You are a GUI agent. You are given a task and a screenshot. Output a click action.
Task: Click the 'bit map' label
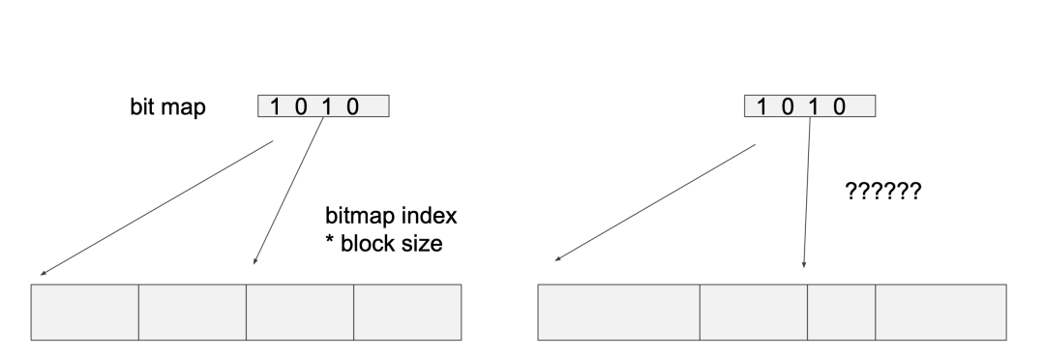coord(167,106)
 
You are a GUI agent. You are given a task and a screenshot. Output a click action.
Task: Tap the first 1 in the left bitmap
coord(277,106)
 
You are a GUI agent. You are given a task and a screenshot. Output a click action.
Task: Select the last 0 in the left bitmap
coord(353,106)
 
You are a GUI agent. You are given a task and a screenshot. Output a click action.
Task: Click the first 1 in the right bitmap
coord(762,106)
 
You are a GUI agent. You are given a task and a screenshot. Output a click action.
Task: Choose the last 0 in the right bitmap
coord(840,106)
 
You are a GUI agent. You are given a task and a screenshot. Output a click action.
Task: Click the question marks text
coord(881,192)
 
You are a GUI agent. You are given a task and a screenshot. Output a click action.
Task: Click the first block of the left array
coord(85,312)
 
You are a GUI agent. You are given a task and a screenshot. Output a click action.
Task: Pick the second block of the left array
coord(193,312)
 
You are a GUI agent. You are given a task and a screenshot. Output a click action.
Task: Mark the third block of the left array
coord(300,312)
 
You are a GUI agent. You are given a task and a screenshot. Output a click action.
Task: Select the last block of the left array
coord(407,312)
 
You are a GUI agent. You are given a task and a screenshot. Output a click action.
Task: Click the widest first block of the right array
coord(618,312)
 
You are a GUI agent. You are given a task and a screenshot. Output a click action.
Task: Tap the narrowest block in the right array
coord(841,312)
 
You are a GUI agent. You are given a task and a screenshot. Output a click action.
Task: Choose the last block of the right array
coord(940,312)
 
